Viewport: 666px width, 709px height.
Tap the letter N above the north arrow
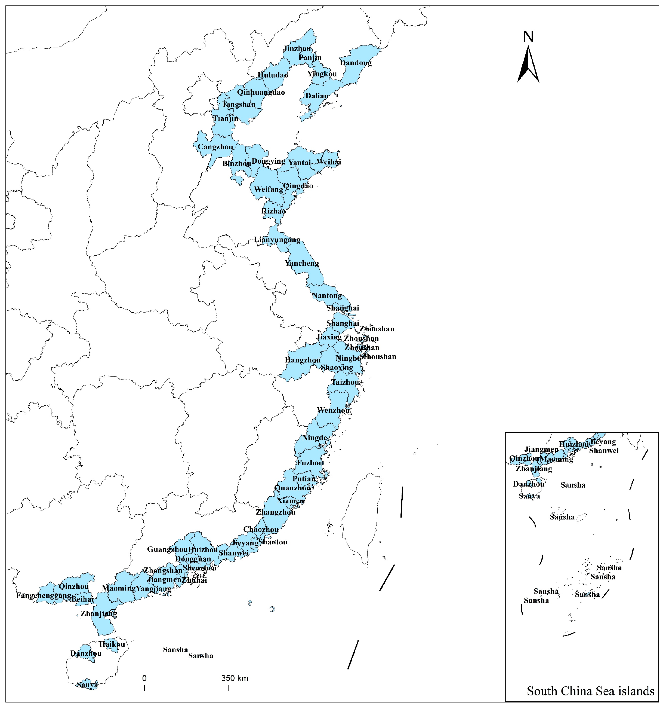(528, 37)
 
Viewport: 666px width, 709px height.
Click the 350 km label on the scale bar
(235, 678)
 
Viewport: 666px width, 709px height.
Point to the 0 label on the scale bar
(144, 678)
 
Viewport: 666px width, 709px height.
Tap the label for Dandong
(356, 63)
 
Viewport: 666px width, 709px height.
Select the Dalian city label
(317, 96)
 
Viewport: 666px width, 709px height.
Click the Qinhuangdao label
(261, 92)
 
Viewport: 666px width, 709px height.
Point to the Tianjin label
(226, 118)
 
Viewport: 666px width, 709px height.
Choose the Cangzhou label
(215, 147)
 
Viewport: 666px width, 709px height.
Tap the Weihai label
(329, 162)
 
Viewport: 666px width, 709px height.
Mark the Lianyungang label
(277, 240)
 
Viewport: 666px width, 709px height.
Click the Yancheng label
(302, 263)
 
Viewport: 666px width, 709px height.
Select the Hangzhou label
(302, 360)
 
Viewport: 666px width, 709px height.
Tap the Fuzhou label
(310, 463)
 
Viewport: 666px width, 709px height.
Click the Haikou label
(112, 644)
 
